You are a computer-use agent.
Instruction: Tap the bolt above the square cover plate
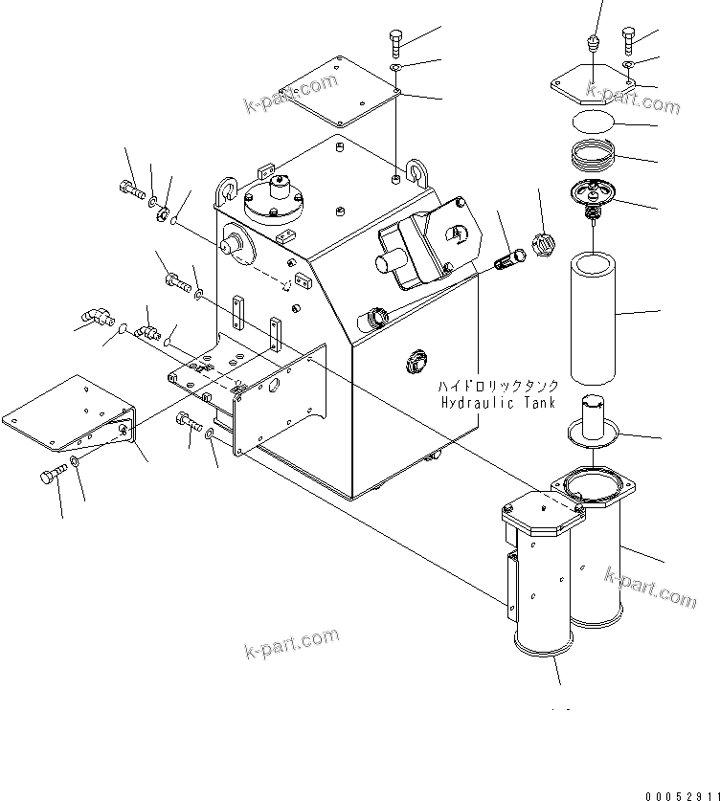coord(396,42)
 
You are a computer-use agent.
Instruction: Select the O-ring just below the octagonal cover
coord(592,122)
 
